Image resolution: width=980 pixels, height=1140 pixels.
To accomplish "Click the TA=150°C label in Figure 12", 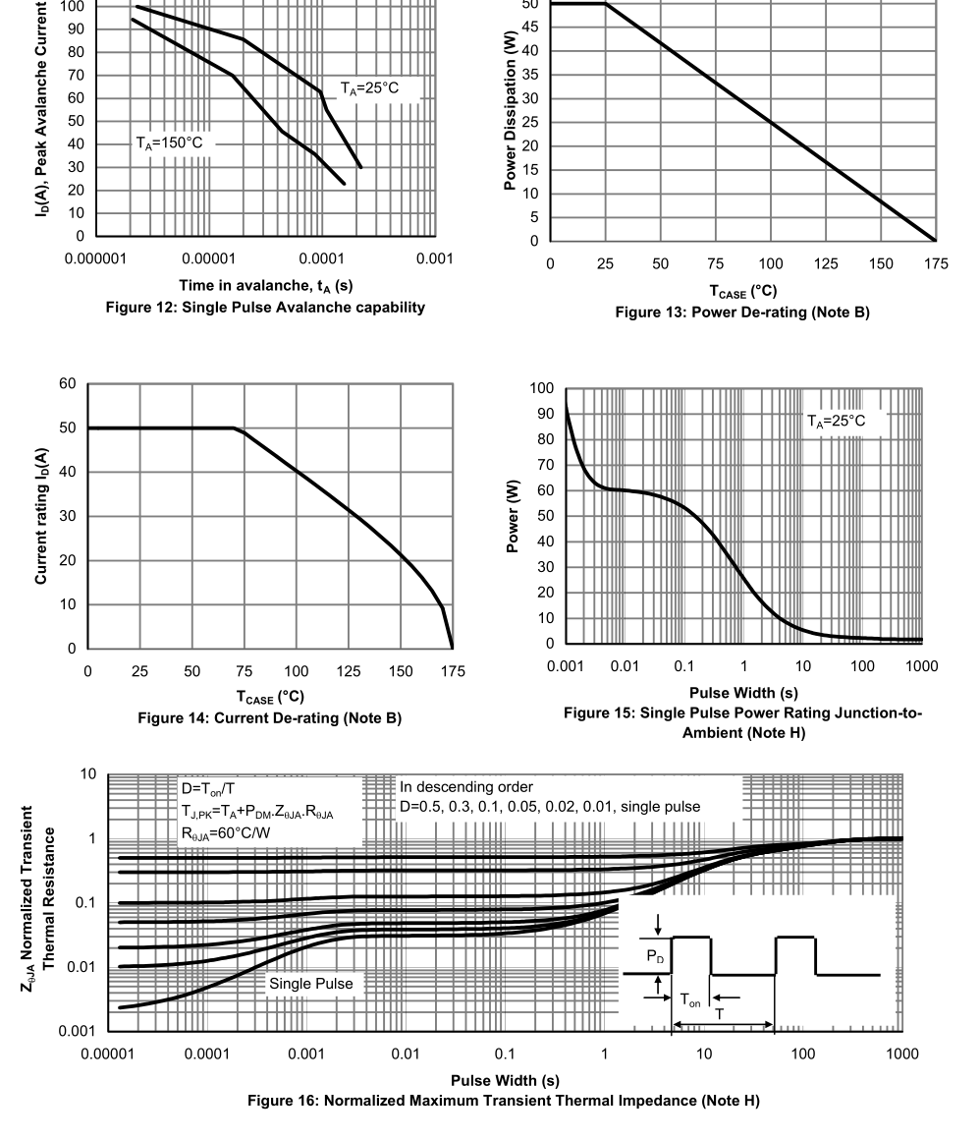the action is click(x=169, y=143).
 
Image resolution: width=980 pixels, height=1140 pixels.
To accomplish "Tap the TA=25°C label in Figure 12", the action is click(x=370, y=88).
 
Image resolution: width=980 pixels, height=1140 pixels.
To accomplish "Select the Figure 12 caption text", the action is click(x=265, y=308).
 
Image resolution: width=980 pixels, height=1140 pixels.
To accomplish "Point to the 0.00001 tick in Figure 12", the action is click(x=208, y=258).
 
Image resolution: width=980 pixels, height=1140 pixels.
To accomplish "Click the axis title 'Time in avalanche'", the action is click(x=266, y=286).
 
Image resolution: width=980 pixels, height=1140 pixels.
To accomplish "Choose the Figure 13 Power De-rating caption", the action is click(x=742, y=313).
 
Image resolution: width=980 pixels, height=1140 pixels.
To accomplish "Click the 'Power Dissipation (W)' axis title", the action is click(x=510, y=111).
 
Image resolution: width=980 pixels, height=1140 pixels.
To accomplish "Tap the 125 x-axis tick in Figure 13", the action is click(x=826, y=264).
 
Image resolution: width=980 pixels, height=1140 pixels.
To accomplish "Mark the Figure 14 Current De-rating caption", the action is click(x=269, y=718).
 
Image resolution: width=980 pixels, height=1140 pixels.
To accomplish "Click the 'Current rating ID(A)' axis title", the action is click(x=41, y=516).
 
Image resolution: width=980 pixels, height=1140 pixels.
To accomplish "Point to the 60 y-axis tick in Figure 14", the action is click(x=68, y=384).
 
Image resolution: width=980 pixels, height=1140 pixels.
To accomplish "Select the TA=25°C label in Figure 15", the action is click(x=837, y=421).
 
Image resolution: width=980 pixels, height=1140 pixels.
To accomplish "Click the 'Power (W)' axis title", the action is click(x=513, y=516).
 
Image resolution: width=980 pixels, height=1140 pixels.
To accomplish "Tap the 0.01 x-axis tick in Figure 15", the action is click(x=625, y=666).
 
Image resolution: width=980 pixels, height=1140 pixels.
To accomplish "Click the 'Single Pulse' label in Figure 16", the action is click(x=311, y=984).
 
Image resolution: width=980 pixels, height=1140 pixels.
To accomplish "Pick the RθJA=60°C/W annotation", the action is click(x=226, y=833).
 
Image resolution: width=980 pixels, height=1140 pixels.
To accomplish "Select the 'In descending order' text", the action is click(x=466, y=787).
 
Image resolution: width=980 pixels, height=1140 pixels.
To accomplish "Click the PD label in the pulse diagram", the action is click(x=655, y=957).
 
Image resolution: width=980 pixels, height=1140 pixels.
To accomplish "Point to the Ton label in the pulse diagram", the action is click(x=690, y=1001).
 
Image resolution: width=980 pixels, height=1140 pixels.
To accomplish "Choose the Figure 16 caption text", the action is click(x=504, y=1101).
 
